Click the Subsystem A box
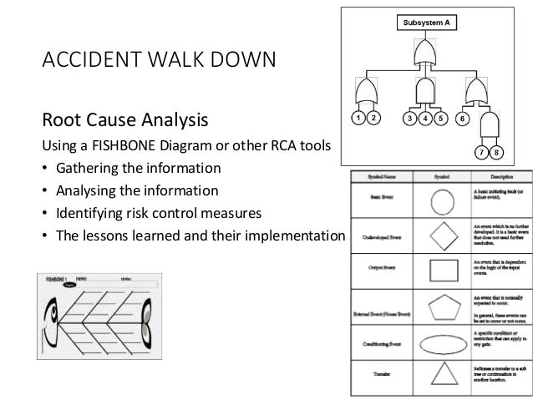tap(426, 23)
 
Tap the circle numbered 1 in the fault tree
tap(357, 119)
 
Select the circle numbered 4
tap(425, 119)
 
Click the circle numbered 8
tap(497, 153)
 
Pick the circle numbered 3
tap(409, 119)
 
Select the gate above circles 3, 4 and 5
tap(425, 89)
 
